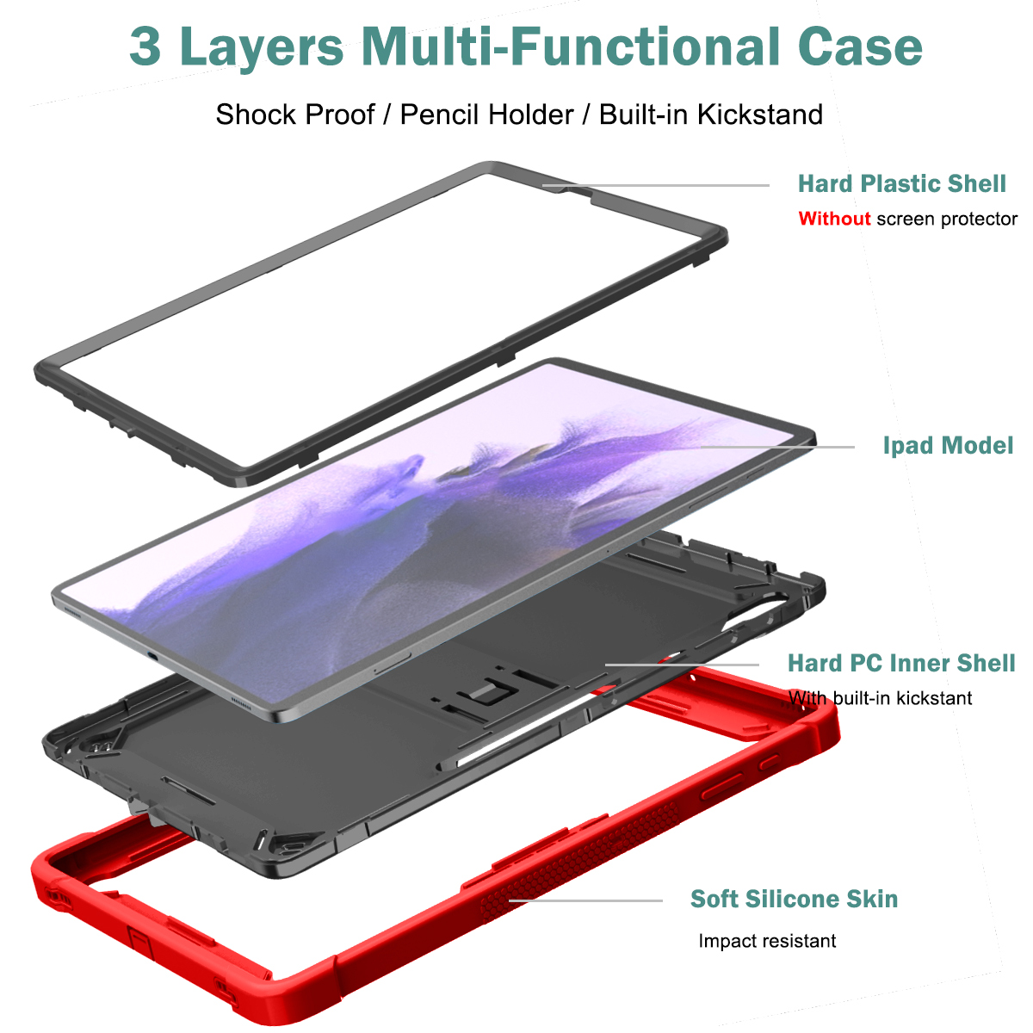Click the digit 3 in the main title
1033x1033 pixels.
coord(145,47)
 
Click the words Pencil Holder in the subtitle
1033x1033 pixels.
coord(486,114)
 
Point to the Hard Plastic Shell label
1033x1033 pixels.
coord(901,184)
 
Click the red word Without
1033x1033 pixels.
coord(834,219)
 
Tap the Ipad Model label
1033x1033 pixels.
coord(948,445)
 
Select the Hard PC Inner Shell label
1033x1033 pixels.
coord(901,663)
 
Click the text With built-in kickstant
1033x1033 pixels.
coord(881,698)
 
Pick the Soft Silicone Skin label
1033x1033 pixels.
coord(794,899)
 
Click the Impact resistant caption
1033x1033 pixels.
coord(767,941)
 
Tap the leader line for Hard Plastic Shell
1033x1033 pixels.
coord(656,185)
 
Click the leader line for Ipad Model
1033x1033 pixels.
coord(778,447)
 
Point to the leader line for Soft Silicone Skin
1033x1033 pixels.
coord(585,900)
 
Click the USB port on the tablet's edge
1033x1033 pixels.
coord(152,656)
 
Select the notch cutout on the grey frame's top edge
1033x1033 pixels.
coord(580,194)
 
